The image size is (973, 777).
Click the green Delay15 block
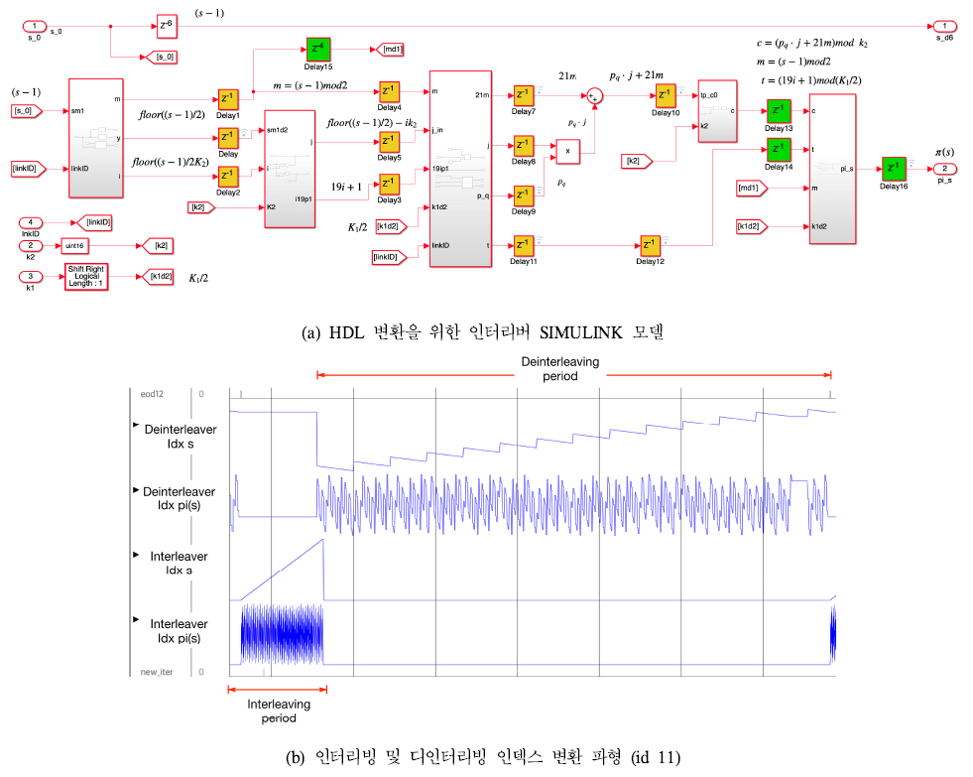pos(318,49)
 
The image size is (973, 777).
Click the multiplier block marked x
pos(567,152)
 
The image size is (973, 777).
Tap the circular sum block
pos(595,96)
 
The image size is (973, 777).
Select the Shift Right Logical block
pos(86,277)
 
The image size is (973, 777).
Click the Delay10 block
pos(664,96)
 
